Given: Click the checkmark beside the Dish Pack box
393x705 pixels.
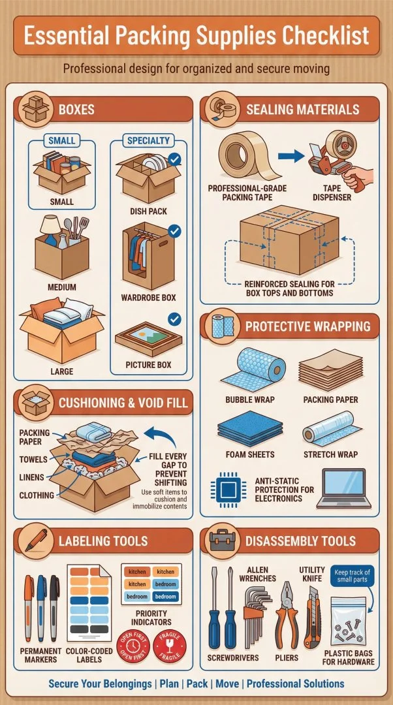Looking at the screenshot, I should (x=174, y=159).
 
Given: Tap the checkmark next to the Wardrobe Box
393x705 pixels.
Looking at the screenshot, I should (x=174, y=231).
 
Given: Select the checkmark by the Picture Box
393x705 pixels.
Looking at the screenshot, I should (x=174, y=319).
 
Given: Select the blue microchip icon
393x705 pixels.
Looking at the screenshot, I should (x=227, y=490).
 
